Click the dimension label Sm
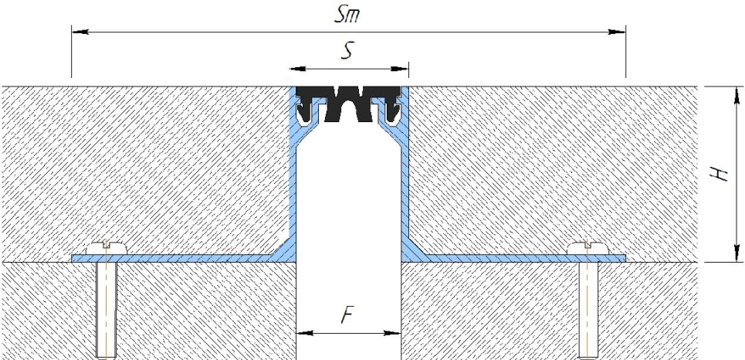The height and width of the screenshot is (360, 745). point(347,15)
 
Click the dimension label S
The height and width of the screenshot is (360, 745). point(347,51)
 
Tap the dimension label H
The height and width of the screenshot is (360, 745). point(720,174)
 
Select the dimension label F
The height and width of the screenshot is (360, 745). point(348,315)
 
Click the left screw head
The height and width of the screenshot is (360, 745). point(107,248)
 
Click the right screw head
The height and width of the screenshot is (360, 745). point(588,248)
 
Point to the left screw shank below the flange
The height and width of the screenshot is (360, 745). point(107,309)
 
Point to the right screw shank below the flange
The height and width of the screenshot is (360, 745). point(588,309)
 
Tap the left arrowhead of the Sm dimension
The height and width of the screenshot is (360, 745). point(80,32)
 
